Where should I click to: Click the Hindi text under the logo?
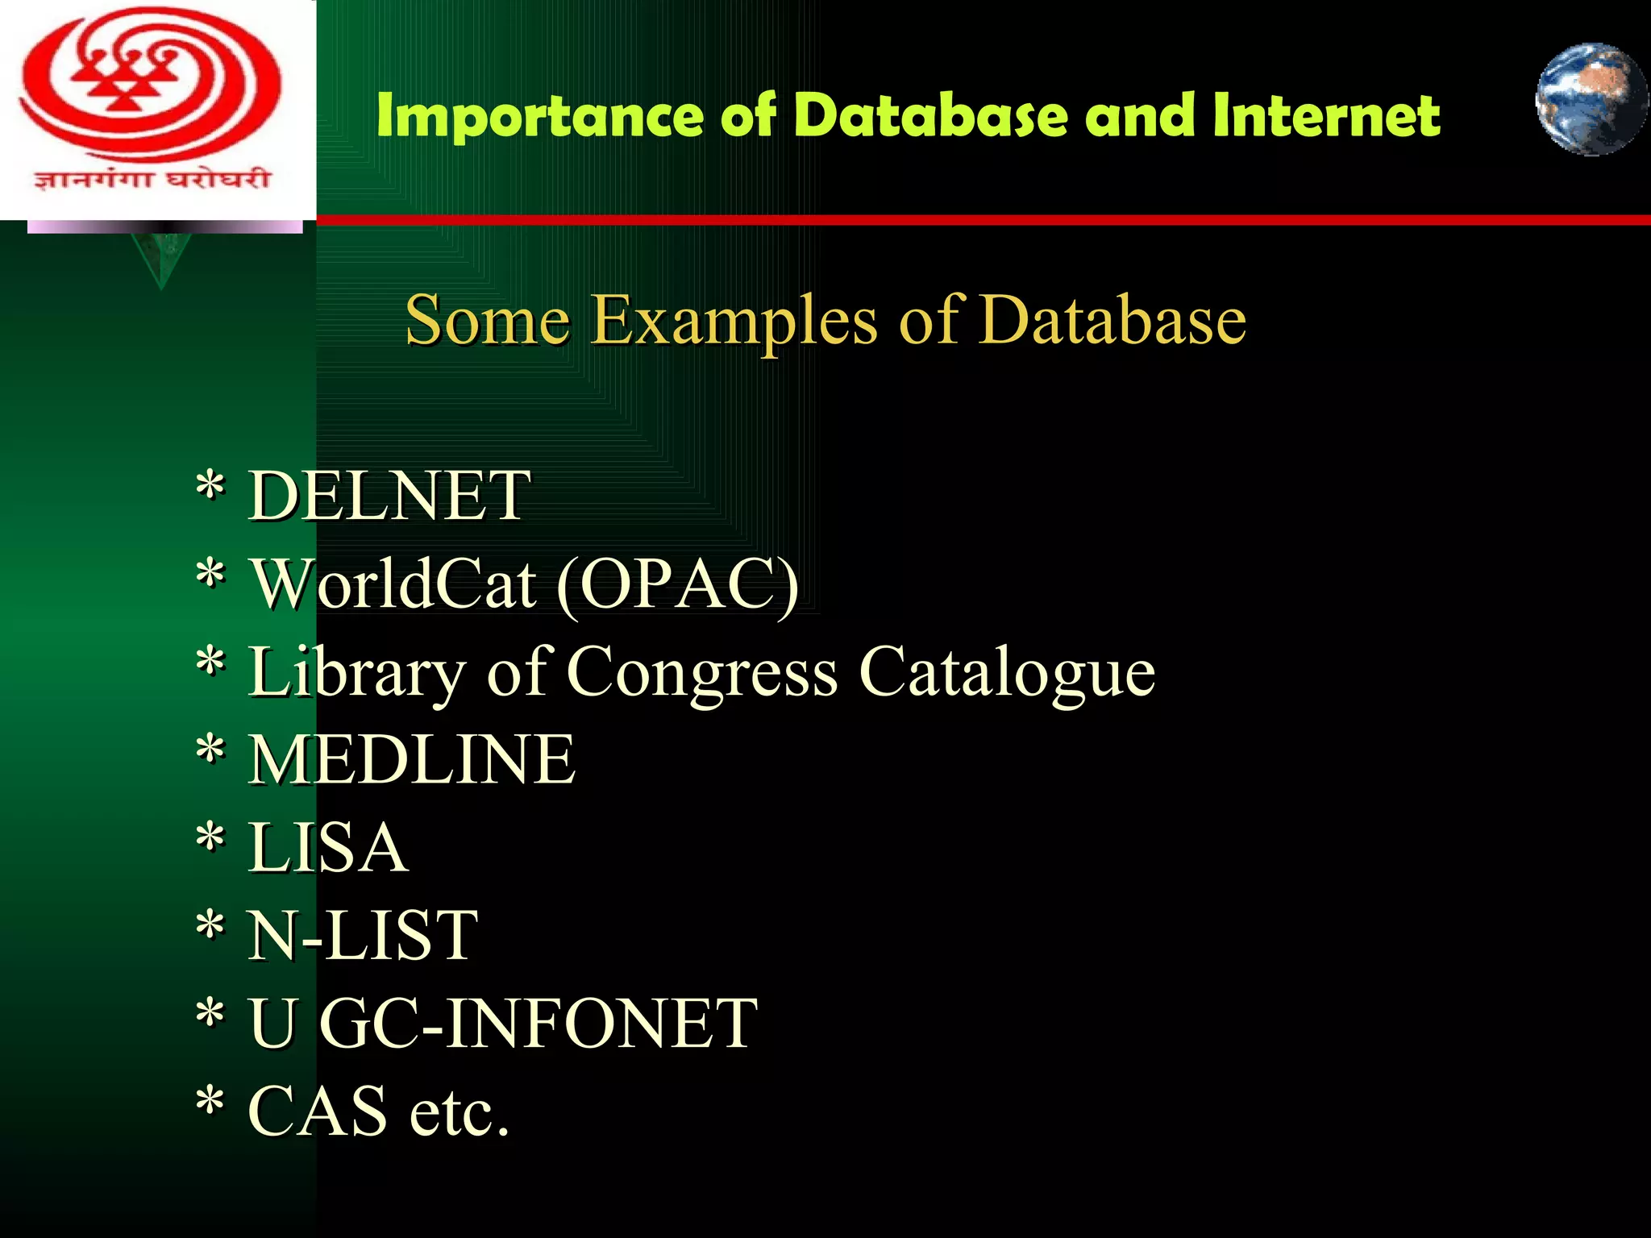click(152, 178)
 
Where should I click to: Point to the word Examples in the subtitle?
click(734, 321)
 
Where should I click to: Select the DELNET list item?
click(389, 496)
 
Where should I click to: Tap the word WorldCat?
click(394, 584)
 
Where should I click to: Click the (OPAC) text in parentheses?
click(677, 585)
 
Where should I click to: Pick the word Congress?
click(702, 672)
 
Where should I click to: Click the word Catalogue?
click(1007, 672)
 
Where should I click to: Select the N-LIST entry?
click(363, 935)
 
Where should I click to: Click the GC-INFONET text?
click(539, 1023)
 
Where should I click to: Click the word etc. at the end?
click(460, 1112)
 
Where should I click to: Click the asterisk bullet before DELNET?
click(210, 486)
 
